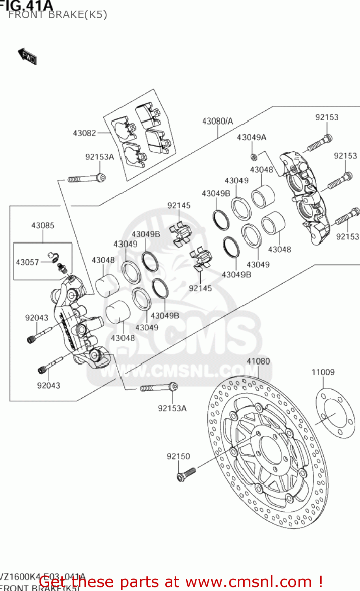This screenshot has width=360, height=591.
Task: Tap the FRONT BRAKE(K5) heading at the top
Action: [58, 15]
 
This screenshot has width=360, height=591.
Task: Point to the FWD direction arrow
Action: [27, 56]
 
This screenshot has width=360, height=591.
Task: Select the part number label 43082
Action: [84, 133]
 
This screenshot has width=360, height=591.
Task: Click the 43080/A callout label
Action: [217, 121]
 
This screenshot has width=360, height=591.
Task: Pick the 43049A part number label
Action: [251, 138]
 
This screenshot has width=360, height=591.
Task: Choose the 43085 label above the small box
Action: [43, 225]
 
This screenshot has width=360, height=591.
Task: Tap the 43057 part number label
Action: [27, 262]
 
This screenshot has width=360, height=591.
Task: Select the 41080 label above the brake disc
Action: [258, 361]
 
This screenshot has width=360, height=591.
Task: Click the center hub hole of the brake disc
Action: [272, 449]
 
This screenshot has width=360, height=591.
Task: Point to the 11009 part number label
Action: [323, 372]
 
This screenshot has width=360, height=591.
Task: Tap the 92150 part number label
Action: [178, 456]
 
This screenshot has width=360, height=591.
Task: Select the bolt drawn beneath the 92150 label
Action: [186, 474]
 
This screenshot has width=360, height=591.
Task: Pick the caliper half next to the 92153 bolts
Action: [306, 197]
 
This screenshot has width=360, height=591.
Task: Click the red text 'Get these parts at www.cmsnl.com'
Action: [181, 582]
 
